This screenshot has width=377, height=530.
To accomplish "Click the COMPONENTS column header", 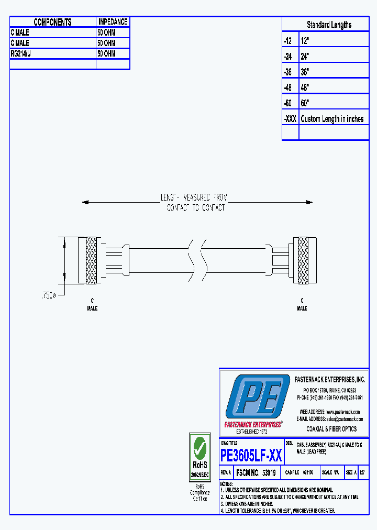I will point(52,22).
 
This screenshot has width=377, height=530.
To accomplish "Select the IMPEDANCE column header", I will point(113,22).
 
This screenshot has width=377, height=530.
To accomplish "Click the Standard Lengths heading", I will point(329,25).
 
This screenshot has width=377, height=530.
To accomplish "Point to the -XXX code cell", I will point(290,119).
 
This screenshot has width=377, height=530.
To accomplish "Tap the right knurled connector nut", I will point(303,260).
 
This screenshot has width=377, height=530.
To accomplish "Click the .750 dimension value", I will point(48,296).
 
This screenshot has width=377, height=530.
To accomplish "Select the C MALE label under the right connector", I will point(302,305).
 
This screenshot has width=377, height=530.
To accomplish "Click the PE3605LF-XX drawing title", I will point(251,455).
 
